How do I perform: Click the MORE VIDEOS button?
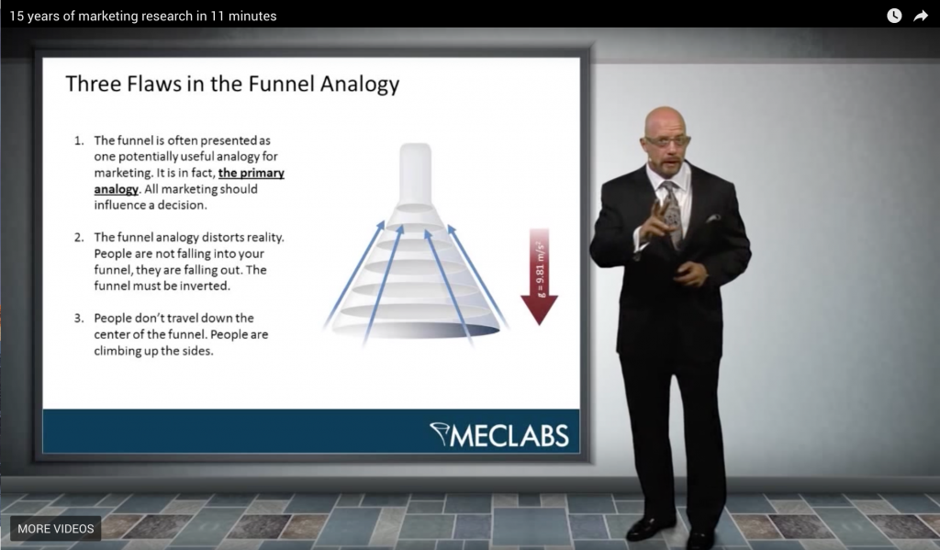[56, 528]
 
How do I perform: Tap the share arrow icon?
[920, 17]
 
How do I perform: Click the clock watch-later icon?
[894, 17]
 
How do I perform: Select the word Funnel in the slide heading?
[281, 84]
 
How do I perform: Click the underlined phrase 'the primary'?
[252, 173]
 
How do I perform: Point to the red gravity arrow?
[540, 276]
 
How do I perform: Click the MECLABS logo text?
[509, 436]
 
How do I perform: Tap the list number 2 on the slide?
[79, 238]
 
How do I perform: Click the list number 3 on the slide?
[79, 319]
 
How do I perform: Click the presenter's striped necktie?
[672, 212]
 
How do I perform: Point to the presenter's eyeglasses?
[667, 141]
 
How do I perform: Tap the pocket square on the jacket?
[712, 219]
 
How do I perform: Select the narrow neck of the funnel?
[415, 174]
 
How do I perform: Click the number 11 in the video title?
[217, 17]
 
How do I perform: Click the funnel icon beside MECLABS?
[439, 434]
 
